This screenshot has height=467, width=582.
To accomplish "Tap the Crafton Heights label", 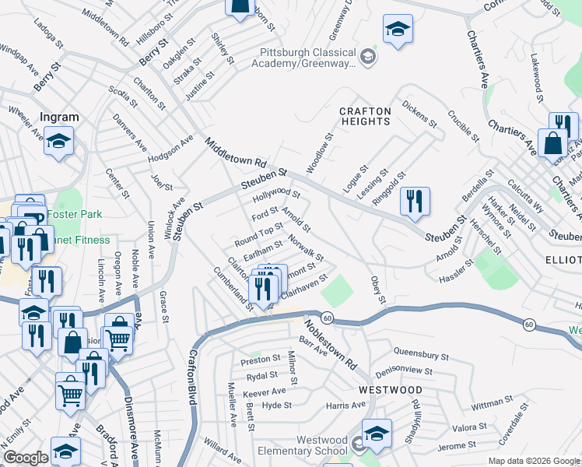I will coord(365,117).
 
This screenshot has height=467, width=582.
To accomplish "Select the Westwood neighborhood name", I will coord(391,389).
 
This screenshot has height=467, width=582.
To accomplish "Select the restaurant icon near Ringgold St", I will coord(415,201).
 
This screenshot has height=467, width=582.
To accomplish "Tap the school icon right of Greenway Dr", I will coord(398,29).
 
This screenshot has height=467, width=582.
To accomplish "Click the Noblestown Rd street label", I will coord(329,344).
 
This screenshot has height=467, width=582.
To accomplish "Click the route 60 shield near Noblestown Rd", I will coord(328,318).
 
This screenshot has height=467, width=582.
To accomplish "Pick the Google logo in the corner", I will coord(26,458).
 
